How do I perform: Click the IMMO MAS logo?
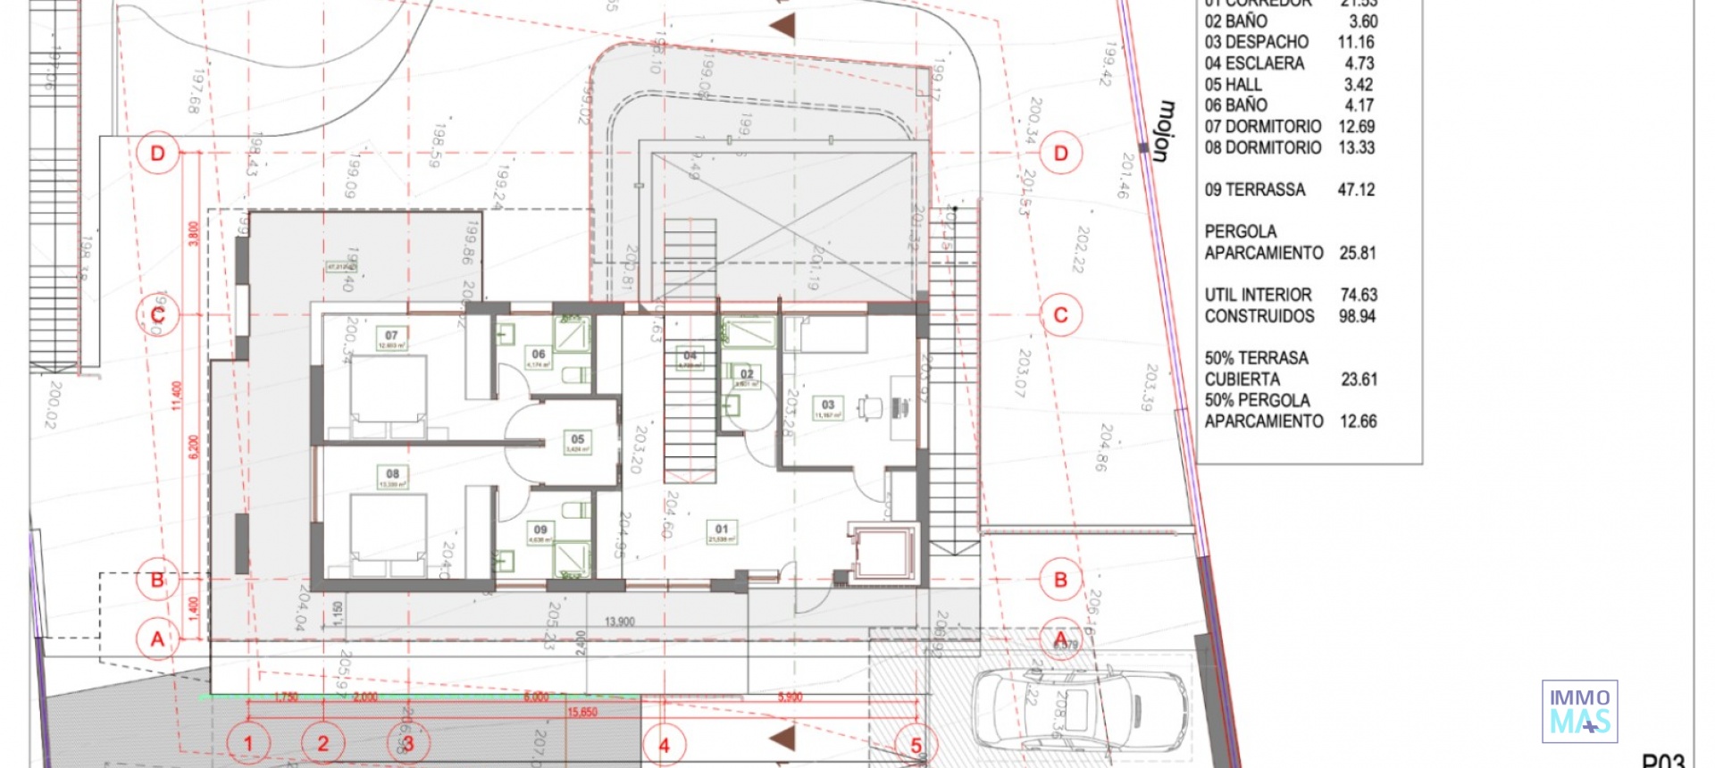click(1579, 711)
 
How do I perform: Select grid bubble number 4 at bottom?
click(664, 745)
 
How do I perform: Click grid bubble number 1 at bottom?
click(248, 743)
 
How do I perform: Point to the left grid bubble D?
click(158, 154)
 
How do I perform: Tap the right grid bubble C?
click(1060, 315)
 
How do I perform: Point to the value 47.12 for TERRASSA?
click(1356, 189)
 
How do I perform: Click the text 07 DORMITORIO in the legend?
click(1262, 127)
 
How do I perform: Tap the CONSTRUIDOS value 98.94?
click(1357, 316)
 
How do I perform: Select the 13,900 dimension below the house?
click(619, 622)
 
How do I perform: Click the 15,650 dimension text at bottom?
click(581, 712)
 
